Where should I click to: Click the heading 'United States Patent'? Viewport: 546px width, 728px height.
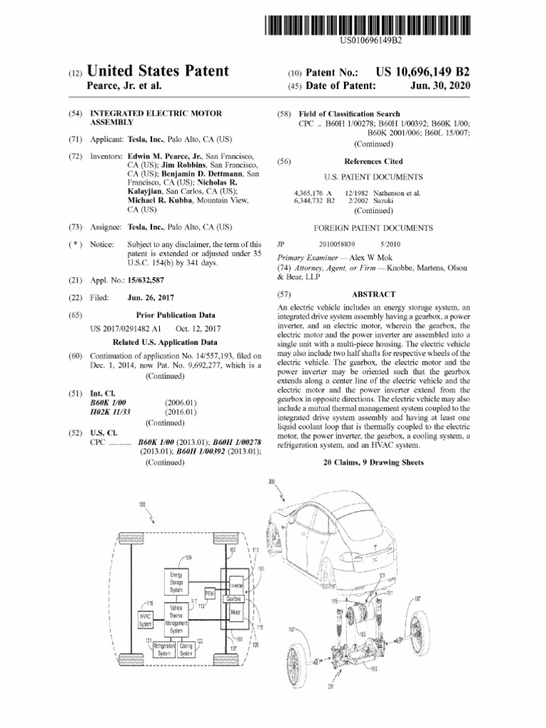pos(159,71)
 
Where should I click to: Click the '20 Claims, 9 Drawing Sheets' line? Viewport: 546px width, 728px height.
pos(373,462)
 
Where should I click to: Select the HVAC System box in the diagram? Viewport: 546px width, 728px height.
pos(144,619)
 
